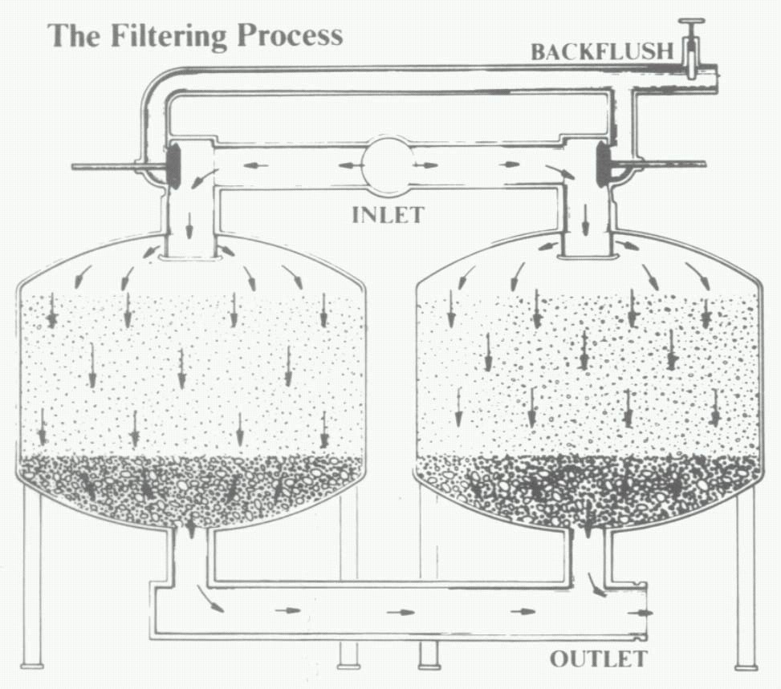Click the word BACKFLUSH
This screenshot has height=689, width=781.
pos(601,52)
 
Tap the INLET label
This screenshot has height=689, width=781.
pos(388,214)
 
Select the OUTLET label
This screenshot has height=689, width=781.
pos(598,660)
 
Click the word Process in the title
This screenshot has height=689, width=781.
pos(296,36)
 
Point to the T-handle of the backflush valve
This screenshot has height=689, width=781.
pos(690,22)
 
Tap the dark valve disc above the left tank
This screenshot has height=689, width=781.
pos(173,166)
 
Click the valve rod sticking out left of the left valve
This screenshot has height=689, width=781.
pos(104,166)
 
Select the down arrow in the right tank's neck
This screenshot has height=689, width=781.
pos(585,218)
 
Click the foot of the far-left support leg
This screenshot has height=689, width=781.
pos(33,664)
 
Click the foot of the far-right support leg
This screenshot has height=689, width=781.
pos(746,665)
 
